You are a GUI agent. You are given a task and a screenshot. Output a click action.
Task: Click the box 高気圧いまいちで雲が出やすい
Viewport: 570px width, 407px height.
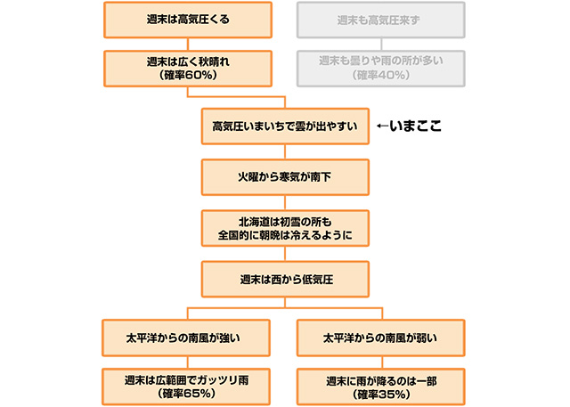[285, 126]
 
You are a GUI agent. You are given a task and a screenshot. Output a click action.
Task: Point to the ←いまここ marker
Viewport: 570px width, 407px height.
[410, 126]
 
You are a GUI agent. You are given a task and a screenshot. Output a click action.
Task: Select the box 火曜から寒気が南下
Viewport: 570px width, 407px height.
[285, 177]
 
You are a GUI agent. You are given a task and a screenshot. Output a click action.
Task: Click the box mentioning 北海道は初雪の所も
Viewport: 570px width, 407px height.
[285, 228]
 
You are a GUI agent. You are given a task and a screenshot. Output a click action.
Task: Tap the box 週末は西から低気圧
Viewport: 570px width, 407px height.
[285, 279]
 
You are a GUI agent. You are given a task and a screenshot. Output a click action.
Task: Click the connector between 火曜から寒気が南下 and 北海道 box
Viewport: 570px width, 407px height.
[285, 203]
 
